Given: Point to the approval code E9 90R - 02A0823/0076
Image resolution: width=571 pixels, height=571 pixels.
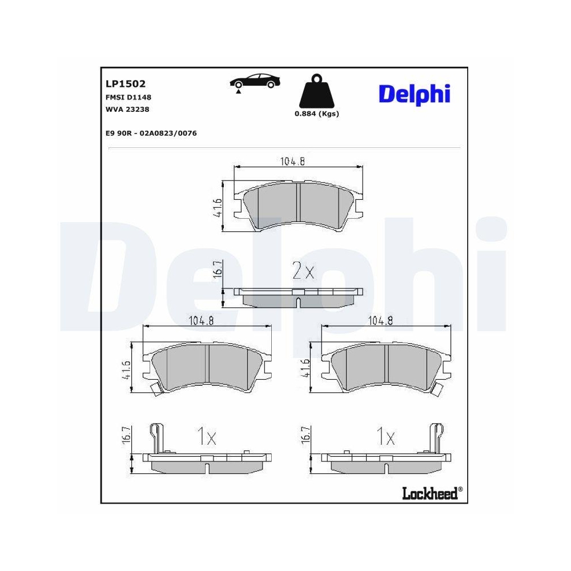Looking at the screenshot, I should tap(151, 133).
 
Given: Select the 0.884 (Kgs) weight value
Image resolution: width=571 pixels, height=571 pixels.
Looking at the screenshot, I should tap(316, 114).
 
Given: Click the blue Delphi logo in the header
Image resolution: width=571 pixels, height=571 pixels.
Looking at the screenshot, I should tap(415, 94).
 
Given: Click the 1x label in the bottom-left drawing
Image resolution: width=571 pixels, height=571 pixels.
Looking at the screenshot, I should tap(206, 438).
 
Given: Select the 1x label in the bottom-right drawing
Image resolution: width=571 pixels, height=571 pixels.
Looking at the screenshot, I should tap(386, 438).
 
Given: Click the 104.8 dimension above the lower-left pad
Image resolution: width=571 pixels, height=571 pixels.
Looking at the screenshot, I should tap(201, 321).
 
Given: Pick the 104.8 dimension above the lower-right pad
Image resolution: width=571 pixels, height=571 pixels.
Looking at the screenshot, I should tap(381, 321).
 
